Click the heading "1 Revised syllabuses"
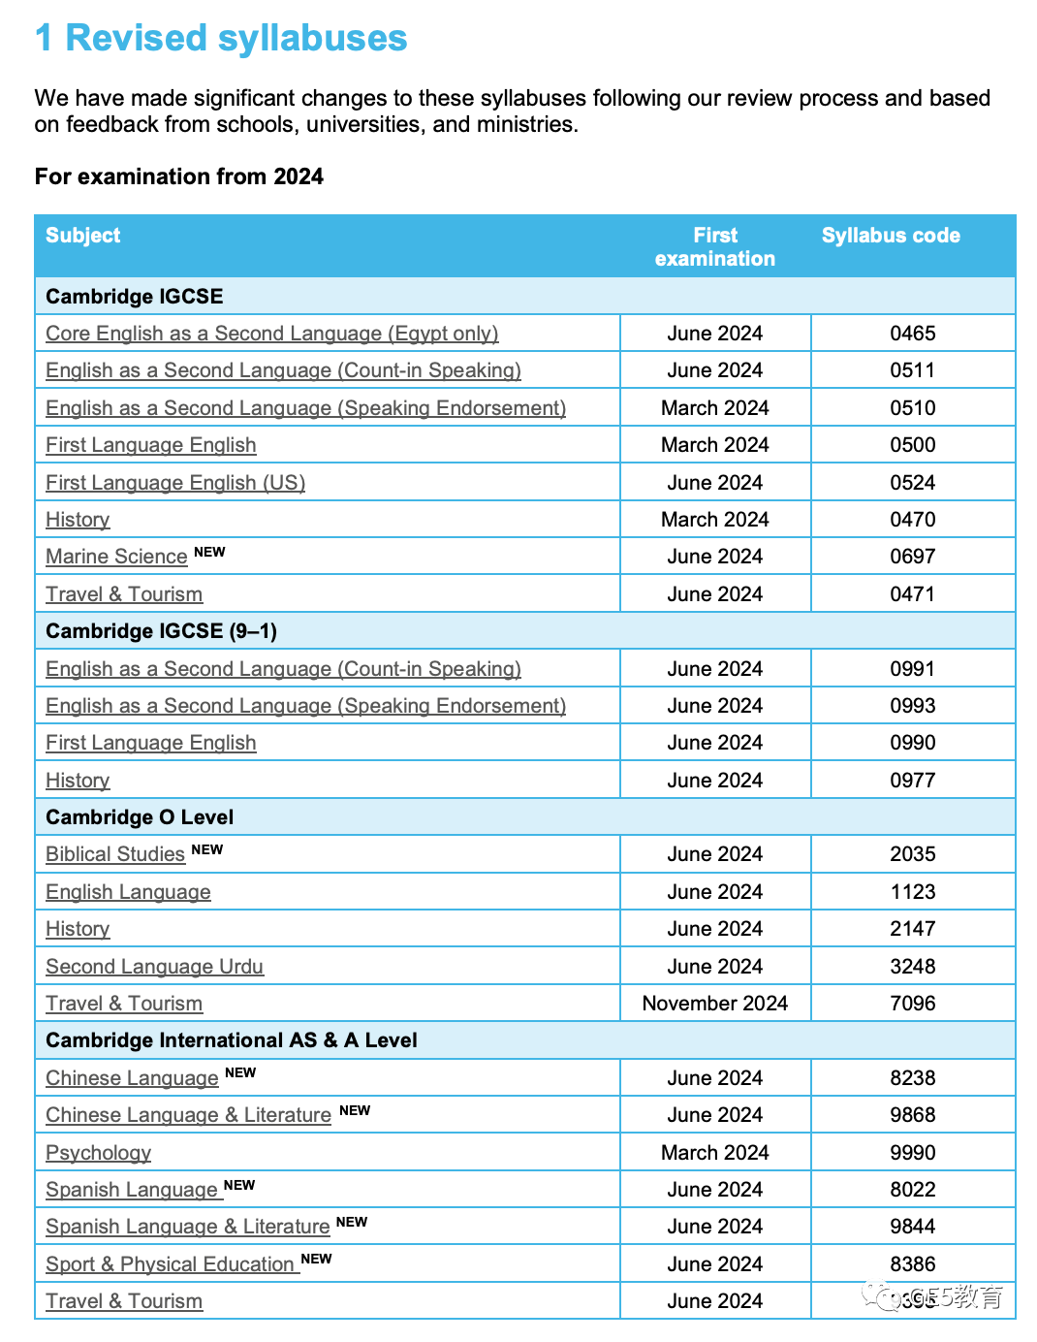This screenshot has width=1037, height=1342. (221, 38)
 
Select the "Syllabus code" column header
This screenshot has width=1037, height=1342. (891, 236)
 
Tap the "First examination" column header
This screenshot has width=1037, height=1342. (715, 246)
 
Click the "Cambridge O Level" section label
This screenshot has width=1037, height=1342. (140, 817)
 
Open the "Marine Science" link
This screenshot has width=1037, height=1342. (116, 557)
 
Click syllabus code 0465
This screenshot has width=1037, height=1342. (912, 334)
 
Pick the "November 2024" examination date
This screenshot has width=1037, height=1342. (715, 1003)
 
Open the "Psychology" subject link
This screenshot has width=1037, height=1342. (98, 1152)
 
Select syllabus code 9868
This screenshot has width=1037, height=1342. (912, 1115)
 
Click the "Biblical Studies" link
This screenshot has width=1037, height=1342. (115, 854)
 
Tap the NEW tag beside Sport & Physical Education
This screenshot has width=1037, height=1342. (316, 1259)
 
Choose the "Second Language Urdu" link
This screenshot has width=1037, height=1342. (155, 966)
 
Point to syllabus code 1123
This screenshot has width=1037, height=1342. (912, 892)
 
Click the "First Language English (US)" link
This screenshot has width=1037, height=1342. (175, 482)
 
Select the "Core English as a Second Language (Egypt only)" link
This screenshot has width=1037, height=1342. (272, 334)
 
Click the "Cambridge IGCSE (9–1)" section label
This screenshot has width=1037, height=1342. (161, 631)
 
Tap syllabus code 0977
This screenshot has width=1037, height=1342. (912, 780)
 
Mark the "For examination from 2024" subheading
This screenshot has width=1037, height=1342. (179, 176)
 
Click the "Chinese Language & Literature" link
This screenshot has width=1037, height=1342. (188, 1115)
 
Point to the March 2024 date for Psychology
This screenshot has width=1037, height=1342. (715, 1152)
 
